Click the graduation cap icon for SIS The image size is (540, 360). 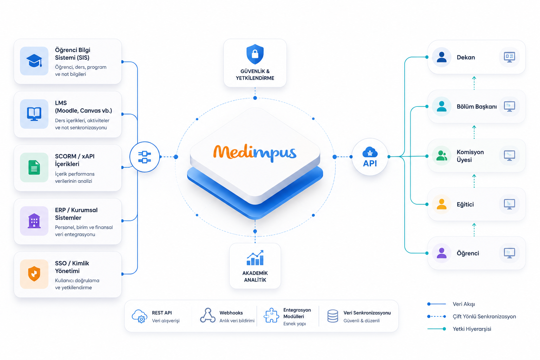click(x=34, y=61)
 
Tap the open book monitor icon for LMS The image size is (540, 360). click(x=34, y=114)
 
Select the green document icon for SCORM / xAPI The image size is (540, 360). click(x=34, y=167)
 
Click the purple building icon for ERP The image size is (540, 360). click(x=34, y=221)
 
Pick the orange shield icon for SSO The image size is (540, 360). click(x=34, y=274)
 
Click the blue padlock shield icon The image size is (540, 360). click(x=255, y=54)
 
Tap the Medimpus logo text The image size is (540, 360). click(x=255, y=153)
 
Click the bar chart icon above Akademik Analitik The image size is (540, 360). click(x=255, y=258)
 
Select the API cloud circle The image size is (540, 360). click(x=370, y=157)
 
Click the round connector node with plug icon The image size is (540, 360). click(x=144, y=157)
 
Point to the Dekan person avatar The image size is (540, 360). click(x=442, y=57)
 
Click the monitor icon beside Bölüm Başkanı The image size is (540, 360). click(x=509, y=107)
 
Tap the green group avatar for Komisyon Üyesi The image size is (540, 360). click(x=442, y=156)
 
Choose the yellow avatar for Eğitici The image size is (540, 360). click(x=442, y=205)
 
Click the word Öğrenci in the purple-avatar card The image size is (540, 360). click(x=468, y=253)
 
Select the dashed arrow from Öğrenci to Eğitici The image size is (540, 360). click(x=474, y=230)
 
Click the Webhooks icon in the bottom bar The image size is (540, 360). click(x=207, y=315)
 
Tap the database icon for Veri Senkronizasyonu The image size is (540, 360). click(x=333, y=316)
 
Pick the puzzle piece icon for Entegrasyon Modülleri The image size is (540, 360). click(x=271, y=315)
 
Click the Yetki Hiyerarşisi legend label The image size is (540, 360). click(x=472, y=329)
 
